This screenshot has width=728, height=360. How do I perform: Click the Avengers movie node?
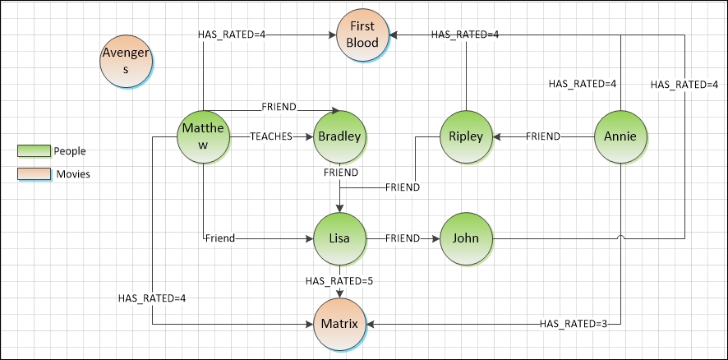point(126,62)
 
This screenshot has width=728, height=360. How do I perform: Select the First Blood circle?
point(362,35)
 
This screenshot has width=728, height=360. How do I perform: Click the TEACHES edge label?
point(271,136)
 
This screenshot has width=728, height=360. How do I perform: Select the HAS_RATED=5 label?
point(339,281)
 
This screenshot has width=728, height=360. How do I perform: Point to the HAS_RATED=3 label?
point(574,324)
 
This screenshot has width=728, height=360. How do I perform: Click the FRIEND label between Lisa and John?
point(403,238)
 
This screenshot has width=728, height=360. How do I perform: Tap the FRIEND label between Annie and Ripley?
point(543,136)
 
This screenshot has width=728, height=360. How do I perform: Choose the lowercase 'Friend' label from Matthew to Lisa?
point(220,238)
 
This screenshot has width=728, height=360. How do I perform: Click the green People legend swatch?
point(34,150)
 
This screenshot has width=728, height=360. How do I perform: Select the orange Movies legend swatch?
point(34,173)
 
